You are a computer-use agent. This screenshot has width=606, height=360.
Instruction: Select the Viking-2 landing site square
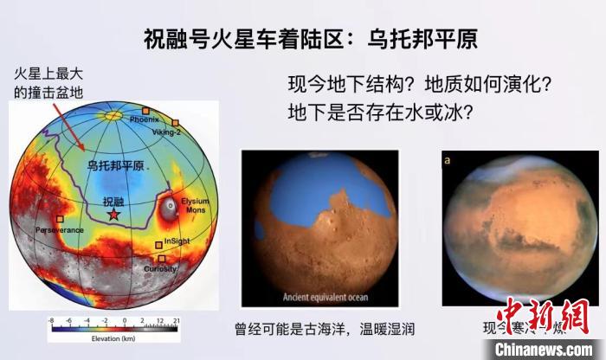pyautogui.click(x=176, y=123)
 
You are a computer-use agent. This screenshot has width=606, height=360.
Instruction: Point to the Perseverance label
pyautogui.click(x=60, y=231)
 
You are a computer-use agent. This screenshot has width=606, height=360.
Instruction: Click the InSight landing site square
pyautogui.click(x=158, y=246)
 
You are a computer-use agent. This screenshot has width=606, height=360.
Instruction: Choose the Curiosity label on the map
pyautogui.click(x=161, y=269)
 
